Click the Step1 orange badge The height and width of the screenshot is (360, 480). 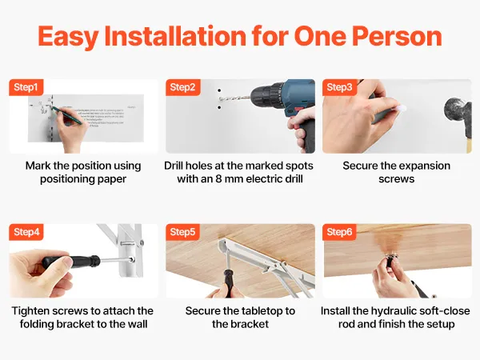pyautogui.click(x=26, y=87)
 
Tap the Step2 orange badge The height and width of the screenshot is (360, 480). pyautogui.click(x=182, y=87)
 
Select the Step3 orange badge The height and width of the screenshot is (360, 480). pyautogui.click(x=339, y=87)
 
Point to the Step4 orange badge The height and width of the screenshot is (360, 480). pyautogui.click(x=26, y=232)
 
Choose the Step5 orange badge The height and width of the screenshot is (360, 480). pyautogui.click(x=182, y=232)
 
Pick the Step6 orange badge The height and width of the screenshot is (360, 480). pyautogui.click(x=339, y=232)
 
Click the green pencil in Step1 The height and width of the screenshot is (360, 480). pyautogui.click(x=67, y=115)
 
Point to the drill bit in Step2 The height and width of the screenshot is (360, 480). pyautogui.click(x=234, y=98)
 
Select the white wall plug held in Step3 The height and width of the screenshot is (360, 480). pyautogui.click(x=402, y=108)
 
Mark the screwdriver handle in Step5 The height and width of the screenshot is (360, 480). pyautogui.click(x=228, y=283)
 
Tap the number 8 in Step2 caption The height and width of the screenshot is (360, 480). pyautogui.click(x=218, y=178)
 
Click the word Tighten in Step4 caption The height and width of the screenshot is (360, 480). pyautogui.click(x=30, y=311)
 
